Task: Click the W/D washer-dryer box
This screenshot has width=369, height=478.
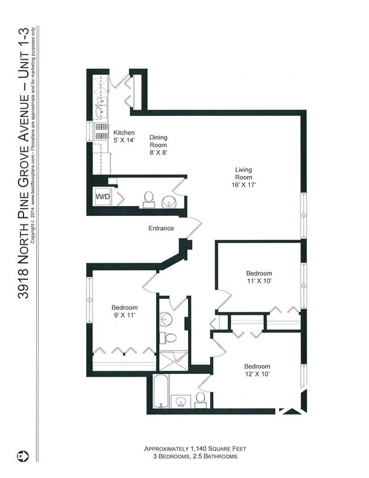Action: (x=102, y=197)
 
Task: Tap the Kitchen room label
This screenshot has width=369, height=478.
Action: (x=124, y=136)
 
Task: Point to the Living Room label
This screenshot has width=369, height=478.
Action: (x=244, y=177)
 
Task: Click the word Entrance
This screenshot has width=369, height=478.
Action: (x=161, y=228)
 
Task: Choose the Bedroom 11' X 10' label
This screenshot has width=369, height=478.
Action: (x=259, y=277)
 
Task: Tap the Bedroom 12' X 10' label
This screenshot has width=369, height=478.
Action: (x=257, y=370)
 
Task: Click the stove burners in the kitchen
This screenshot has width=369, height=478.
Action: (x=101, y=131)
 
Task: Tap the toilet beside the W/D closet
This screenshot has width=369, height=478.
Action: (x=149, y=198)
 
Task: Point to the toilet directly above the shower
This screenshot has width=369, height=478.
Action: (x=170, y=338)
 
